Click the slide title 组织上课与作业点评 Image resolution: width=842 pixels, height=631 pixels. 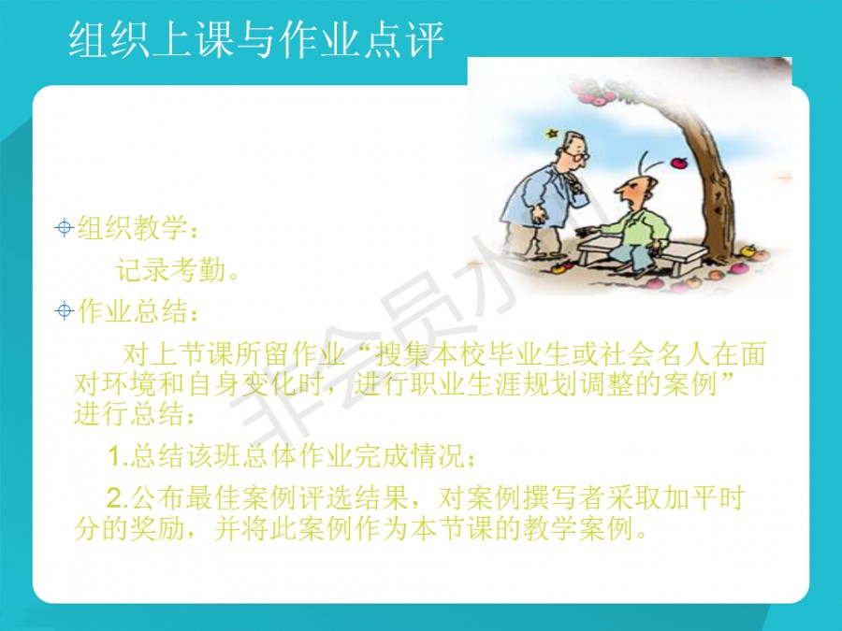click(256, 39)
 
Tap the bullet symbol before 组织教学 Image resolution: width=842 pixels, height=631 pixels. click(64, 228)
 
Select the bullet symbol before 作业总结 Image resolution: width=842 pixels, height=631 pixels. click(64, 311)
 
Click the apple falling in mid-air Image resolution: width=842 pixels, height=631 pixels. click(679, 163)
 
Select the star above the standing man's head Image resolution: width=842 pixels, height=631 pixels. click(551, 133)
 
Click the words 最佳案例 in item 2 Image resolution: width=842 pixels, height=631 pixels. click(242, 498)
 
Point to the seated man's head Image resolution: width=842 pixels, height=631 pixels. click(635, 190)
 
